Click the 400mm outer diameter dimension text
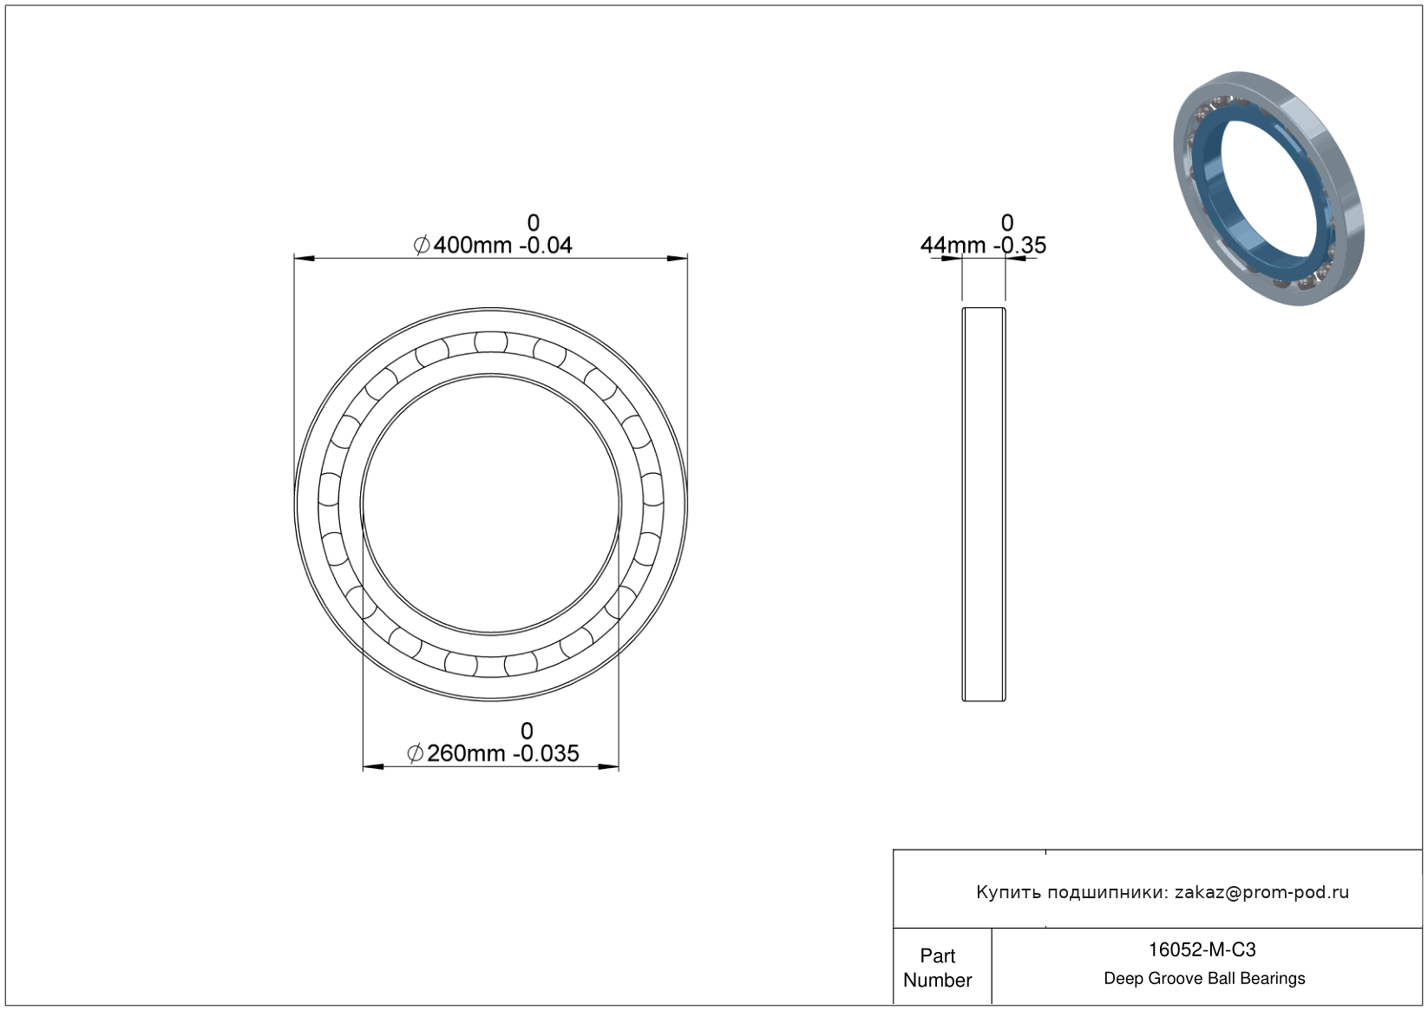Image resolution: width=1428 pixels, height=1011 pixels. pyautogui.click(x=473, y=245)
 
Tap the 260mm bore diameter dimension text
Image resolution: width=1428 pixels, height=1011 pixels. pyautogui.click(x=466, y=753)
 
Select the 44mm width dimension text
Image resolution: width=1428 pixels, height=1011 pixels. pyautogui.click(x=953, y=245)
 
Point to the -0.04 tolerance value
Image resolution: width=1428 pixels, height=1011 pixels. pyautogui.click(x=546, y=245)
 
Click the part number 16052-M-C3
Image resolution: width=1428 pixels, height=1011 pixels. pyautogui.click(x=1202, y=949)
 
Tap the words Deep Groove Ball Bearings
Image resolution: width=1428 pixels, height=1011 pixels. pyautogui.click(x=1204, y=979)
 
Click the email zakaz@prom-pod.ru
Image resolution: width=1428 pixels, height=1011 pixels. pyautogui.click(x=1261, y=892)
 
